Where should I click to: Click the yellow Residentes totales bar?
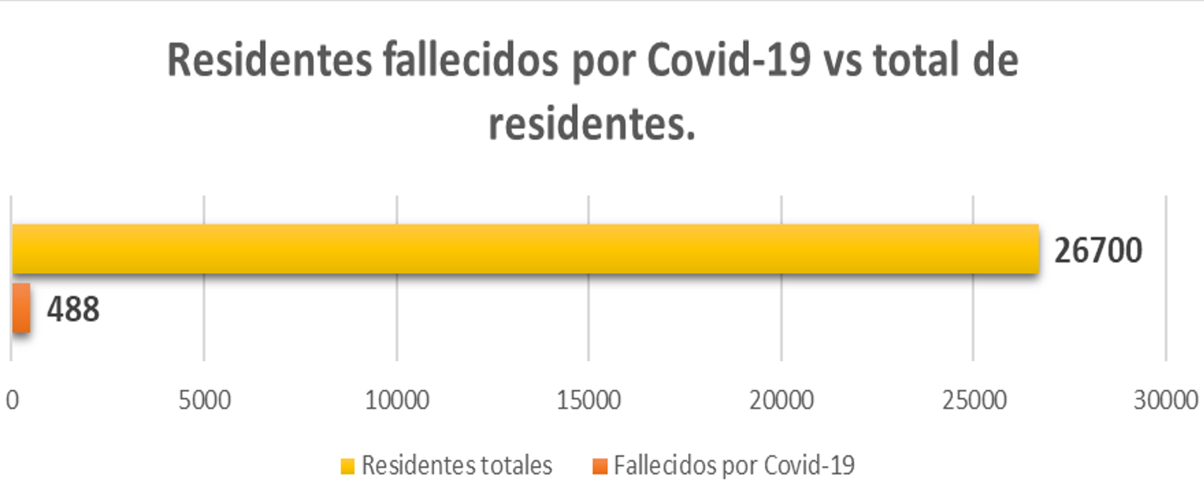[x=525, y=249]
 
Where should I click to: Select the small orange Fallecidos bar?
[x=21, y=308]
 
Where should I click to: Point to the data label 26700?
[x=1098, y=251]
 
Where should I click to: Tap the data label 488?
[x=73, y=309]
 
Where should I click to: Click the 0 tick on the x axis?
[x=12, y=400]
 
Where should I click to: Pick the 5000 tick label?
[x=205, y=400]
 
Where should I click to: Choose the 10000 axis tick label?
[x=397, y=400]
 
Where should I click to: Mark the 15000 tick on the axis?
[x=589, y=400]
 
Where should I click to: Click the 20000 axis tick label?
[x=782, y=400]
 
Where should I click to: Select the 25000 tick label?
[x=974, y=400]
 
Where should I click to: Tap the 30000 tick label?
[x=1166, y=400]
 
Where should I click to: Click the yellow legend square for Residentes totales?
[x=347, y=467]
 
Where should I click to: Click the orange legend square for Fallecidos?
[x=600, y=467]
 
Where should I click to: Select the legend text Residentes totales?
[x=457, y=465]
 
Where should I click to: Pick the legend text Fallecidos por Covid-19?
[x=734, y=466]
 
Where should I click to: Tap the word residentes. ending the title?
[x=592, y=124]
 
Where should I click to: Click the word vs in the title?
[x=843, y=62]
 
